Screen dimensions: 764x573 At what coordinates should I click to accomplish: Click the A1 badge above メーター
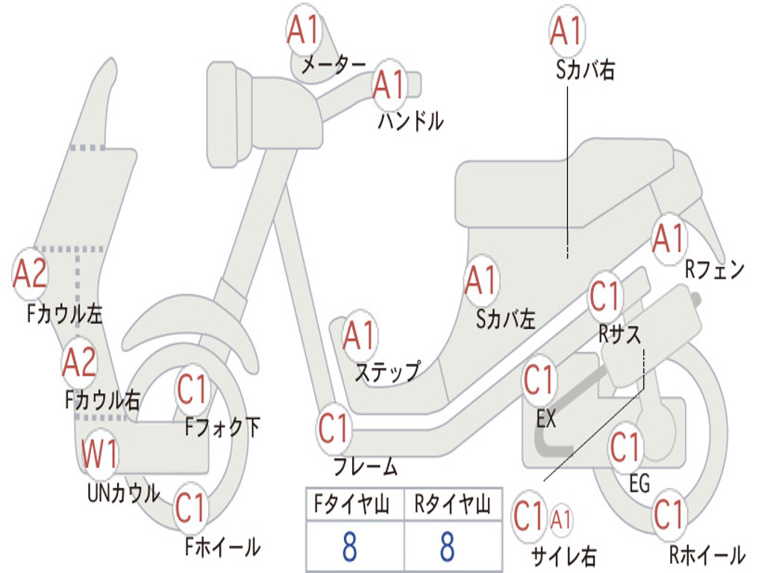303,30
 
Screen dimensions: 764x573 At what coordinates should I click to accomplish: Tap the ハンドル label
410,121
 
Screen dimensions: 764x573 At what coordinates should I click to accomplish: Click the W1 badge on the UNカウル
99,453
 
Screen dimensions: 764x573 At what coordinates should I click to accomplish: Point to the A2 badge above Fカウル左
30,273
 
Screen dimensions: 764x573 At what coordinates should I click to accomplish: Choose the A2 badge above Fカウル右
79,363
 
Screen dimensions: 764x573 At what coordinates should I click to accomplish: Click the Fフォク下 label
222,428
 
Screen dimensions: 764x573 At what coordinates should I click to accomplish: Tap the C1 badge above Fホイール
191,507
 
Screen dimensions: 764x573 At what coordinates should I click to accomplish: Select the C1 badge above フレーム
334,428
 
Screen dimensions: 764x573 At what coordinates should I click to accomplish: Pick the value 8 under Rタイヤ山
447,546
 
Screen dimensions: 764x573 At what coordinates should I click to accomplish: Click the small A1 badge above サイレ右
560,519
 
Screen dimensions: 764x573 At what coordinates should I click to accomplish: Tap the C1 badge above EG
626,447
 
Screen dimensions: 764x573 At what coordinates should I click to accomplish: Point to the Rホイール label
707,554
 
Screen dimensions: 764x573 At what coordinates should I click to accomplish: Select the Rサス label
619,334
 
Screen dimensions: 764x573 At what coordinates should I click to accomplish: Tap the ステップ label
387,373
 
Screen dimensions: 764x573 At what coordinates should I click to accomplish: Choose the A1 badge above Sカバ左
481,281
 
